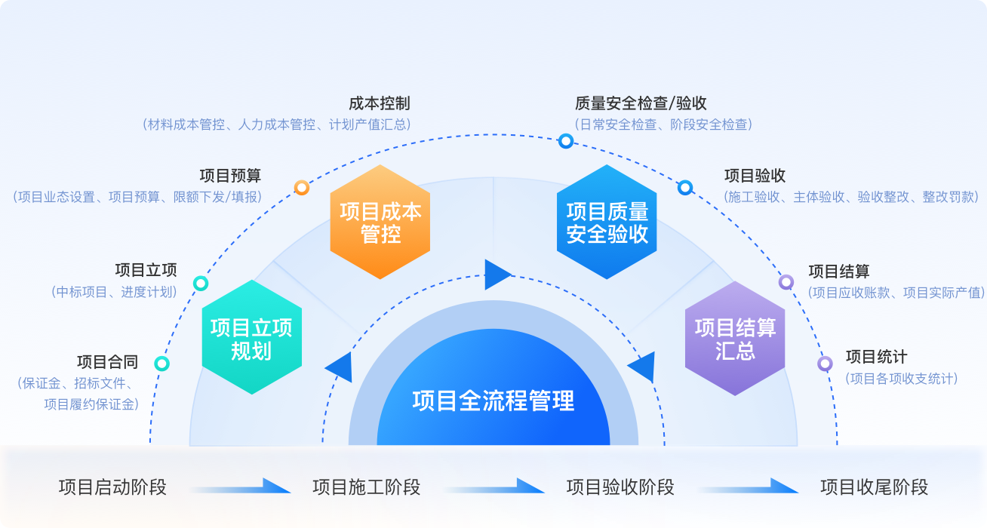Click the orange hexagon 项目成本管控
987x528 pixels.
point(380,222)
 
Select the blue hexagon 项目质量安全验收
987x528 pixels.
point(607,222)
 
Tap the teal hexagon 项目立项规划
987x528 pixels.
point(251,338)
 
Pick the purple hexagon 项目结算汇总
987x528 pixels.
point(735,338)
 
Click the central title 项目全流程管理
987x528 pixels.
point(493,401)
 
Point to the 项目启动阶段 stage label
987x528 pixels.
point(112,487)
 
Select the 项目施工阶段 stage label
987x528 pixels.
point(366,487)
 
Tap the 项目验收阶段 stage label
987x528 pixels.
point(620,487)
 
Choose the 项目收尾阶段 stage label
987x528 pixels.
point(874,487)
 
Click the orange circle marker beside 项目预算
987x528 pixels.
point(302,188)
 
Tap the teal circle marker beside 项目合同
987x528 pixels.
point(161,364)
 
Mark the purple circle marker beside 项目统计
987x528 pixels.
point(825,364)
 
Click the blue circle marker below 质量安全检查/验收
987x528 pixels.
point(565,140)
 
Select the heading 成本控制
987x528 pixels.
point(380,103)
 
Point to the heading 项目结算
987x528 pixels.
point(838,272)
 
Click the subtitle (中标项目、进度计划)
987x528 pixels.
point(114,292)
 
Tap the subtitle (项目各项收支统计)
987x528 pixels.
point(901,378)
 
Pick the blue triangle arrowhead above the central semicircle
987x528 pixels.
point(497,274)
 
